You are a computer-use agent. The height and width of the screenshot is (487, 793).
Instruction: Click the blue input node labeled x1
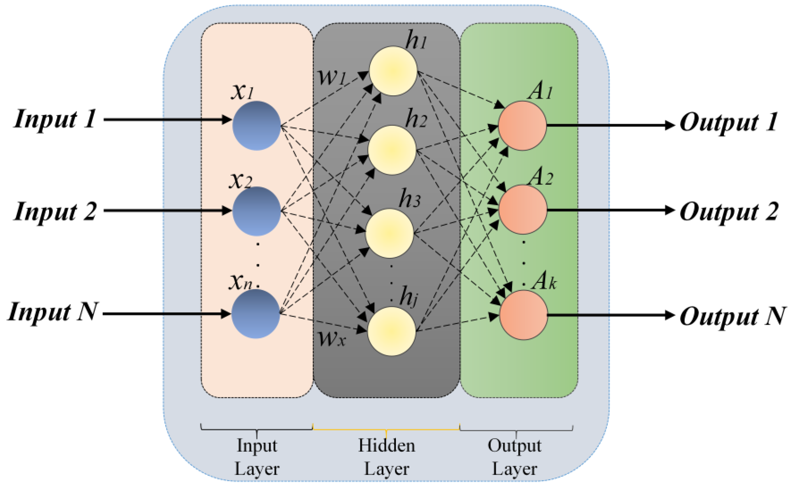click(x=257, y=126)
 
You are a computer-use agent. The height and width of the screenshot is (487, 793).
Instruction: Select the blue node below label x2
click(x=257, y=211)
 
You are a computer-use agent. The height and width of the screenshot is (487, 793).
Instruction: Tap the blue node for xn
click(x=255, y=313)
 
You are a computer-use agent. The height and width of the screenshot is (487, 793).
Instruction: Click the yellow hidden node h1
click(x=393, y=71)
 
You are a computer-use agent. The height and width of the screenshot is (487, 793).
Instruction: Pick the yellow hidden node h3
click(x=389, y=233)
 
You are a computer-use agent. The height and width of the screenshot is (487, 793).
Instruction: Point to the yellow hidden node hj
click(x=392, y=331)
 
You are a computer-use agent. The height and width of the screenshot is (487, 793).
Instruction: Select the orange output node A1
click(x=522, y=126)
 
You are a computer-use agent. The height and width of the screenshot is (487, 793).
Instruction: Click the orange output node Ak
click(x=524, y=315)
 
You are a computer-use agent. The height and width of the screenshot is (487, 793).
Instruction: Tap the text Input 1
click(x=55, y=119)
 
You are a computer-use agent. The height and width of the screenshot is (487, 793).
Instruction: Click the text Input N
click(x=52, y=312)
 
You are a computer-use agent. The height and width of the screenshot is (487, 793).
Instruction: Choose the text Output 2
click(x=729, y=212)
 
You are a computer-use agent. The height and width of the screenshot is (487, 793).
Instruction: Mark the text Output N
click(x=732, y=316)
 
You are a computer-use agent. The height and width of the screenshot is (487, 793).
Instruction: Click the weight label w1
click(x=332, y=77)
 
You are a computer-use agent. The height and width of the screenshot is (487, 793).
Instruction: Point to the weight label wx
click(x=332, y=338)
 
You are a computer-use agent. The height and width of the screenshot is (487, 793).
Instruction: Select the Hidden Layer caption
click(x=386, y=457)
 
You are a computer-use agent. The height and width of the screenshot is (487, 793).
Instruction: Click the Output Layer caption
click(x=515, y=457)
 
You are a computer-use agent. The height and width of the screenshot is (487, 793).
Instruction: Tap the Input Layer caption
click(x=257, y=457)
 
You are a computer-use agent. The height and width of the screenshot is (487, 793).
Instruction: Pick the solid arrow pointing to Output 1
click(x=610, y=125)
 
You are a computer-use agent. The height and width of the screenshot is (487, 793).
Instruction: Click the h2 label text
click(x=416, y=119)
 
